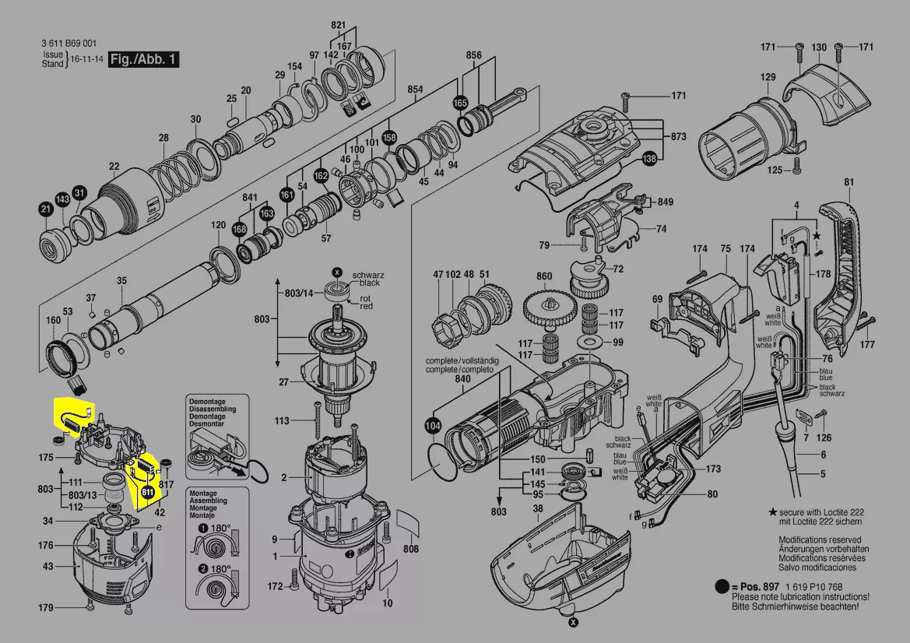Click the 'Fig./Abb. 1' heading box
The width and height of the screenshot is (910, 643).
pos(144,59)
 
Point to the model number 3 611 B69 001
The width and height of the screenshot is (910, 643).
pos(69,44)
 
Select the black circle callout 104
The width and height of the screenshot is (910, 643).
pos(433,426)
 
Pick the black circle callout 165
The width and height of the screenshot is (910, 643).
pos(460,103)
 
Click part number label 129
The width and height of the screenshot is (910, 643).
pos(768,77)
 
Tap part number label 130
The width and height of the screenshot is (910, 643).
pos(819,48)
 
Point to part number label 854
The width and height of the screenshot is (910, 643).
pos(415,90)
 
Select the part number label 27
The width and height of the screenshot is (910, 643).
pos(284,382)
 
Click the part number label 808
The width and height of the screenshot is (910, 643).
pos(410,550)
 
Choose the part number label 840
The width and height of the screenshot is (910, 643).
pos(463,379)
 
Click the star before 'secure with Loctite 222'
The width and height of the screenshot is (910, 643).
pos(772,512)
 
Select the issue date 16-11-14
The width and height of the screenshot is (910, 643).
pos(87,58)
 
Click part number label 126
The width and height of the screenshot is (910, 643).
pos(824,437)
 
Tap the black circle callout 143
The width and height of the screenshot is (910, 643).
pos(63,200)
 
